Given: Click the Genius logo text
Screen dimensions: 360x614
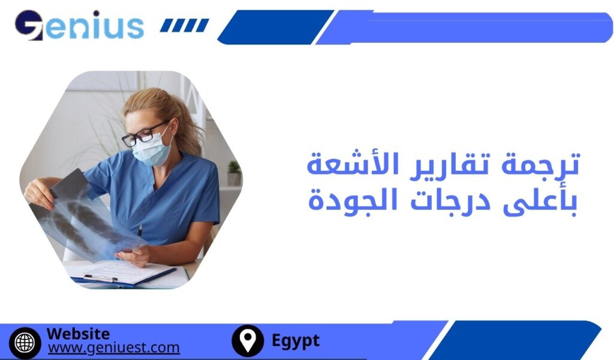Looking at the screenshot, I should click(x=80, y=26).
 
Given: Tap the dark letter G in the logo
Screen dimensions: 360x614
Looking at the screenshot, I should click(x=29, y=26).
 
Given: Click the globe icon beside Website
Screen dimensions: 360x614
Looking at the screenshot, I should click(x=25, y=342).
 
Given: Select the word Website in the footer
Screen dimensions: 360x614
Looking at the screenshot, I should click(x=78, y=334).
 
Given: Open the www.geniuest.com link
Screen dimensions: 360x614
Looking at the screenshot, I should click(x=113, y=347).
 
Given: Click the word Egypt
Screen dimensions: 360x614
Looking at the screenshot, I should click(x=296, y=341).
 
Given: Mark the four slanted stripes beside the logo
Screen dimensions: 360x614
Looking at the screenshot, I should click(x=185, y=25).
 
